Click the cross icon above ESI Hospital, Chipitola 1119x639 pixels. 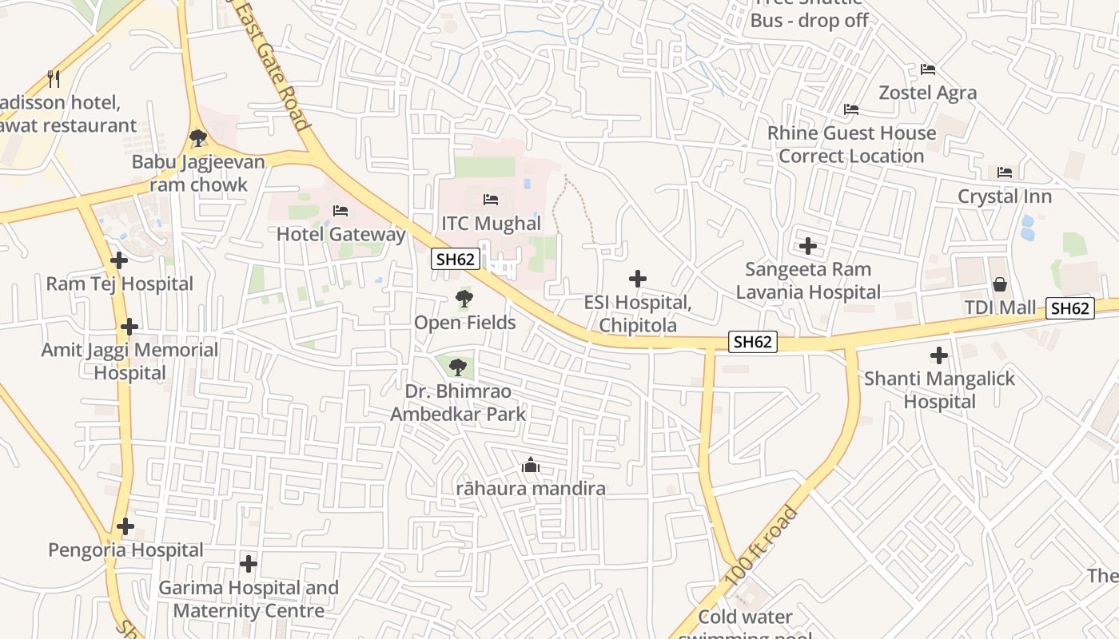pyautogui.click(x=637, y=279)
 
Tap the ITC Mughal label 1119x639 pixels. pyautogui.click(x=491, y=223)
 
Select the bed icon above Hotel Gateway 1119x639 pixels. pyautogui.click(x=340, y=211)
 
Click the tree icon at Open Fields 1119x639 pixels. pyautogui.click(x=464, y=300)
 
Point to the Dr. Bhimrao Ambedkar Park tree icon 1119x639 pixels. pyautogui.click(x=457, y=367)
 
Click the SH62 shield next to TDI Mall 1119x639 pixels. pyautogui.click(x=1069, y=308)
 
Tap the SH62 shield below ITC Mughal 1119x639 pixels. pyautogui.click(x=456, y=259)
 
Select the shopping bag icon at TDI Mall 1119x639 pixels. pyautogui.click(x=999, y=284)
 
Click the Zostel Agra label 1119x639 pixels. pyautogui.click(x=927, y=93)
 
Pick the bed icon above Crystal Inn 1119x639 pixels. pyautogui.click(x=1005, y=172)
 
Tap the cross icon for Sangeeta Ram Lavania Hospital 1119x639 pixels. pyautogui.click(x=808, y=245)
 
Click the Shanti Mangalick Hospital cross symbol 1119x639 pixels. pyautogui.click(x=939, y=355)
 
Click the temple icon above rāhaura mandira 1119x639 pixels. pyautogui.click(x=530, y=465)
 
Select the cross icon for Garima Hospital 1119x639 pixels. pyautogui.click(x=249, y=564)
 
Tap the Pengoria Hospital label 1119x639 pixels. pyautogui.click(x=125, y=550)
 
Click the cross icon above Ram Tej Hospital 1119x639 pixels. pyautogui.click(x=119, y=260)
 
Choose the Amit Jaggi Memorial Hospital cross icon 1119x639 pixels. pyautogui.click(x=129, y=327)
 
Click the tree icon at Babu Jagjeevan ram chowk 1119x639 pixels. pyautogui.click(x=198, y=138)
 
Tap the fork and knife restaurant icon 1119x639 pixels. pyautogui.click(x=54, y=78)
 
